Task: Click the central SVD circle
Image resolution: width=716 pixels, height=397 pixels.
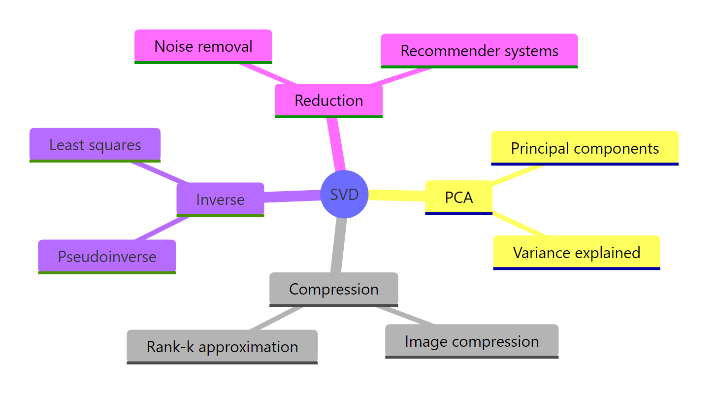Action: [x=344, y=195]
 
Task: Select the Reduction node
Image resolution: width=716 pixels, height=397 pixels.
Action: [x=328, y=100]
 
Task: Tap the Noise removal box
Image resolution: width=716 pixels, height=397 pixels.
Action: [x=203, y=46]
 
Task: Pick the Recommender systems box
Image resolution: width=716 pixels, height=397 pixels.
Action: [x=479, y=51]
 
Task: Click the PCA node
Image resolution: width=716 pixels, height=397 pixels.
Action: [x=458, y=198]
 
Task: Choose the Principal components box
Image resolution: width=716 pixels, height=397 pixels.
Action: [x=585, y=148]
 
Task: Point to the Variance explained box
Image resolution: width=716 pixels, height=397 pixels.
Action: [x=576, y=253]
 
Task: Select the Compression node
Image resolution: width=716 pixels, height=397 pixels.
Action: [x=333, y=289]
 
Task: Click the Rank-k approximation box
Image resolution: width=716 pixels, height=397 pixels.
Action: [x=222, y=347]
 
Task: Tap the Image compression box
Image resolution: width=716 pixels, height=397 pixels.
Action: [x=471, y=341]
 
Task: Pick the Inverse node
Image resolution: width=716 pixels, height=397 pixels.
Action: [x=220, y=199]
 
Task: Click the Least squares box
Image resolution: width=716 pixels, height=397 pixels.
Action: [x=95, y=145]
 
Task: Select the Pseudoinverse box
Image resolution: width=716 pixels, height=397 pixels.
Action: [x=107, y=257]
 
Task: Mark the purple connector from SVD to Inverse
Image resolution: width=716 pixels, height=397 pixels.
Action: [x=292, y=196]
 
